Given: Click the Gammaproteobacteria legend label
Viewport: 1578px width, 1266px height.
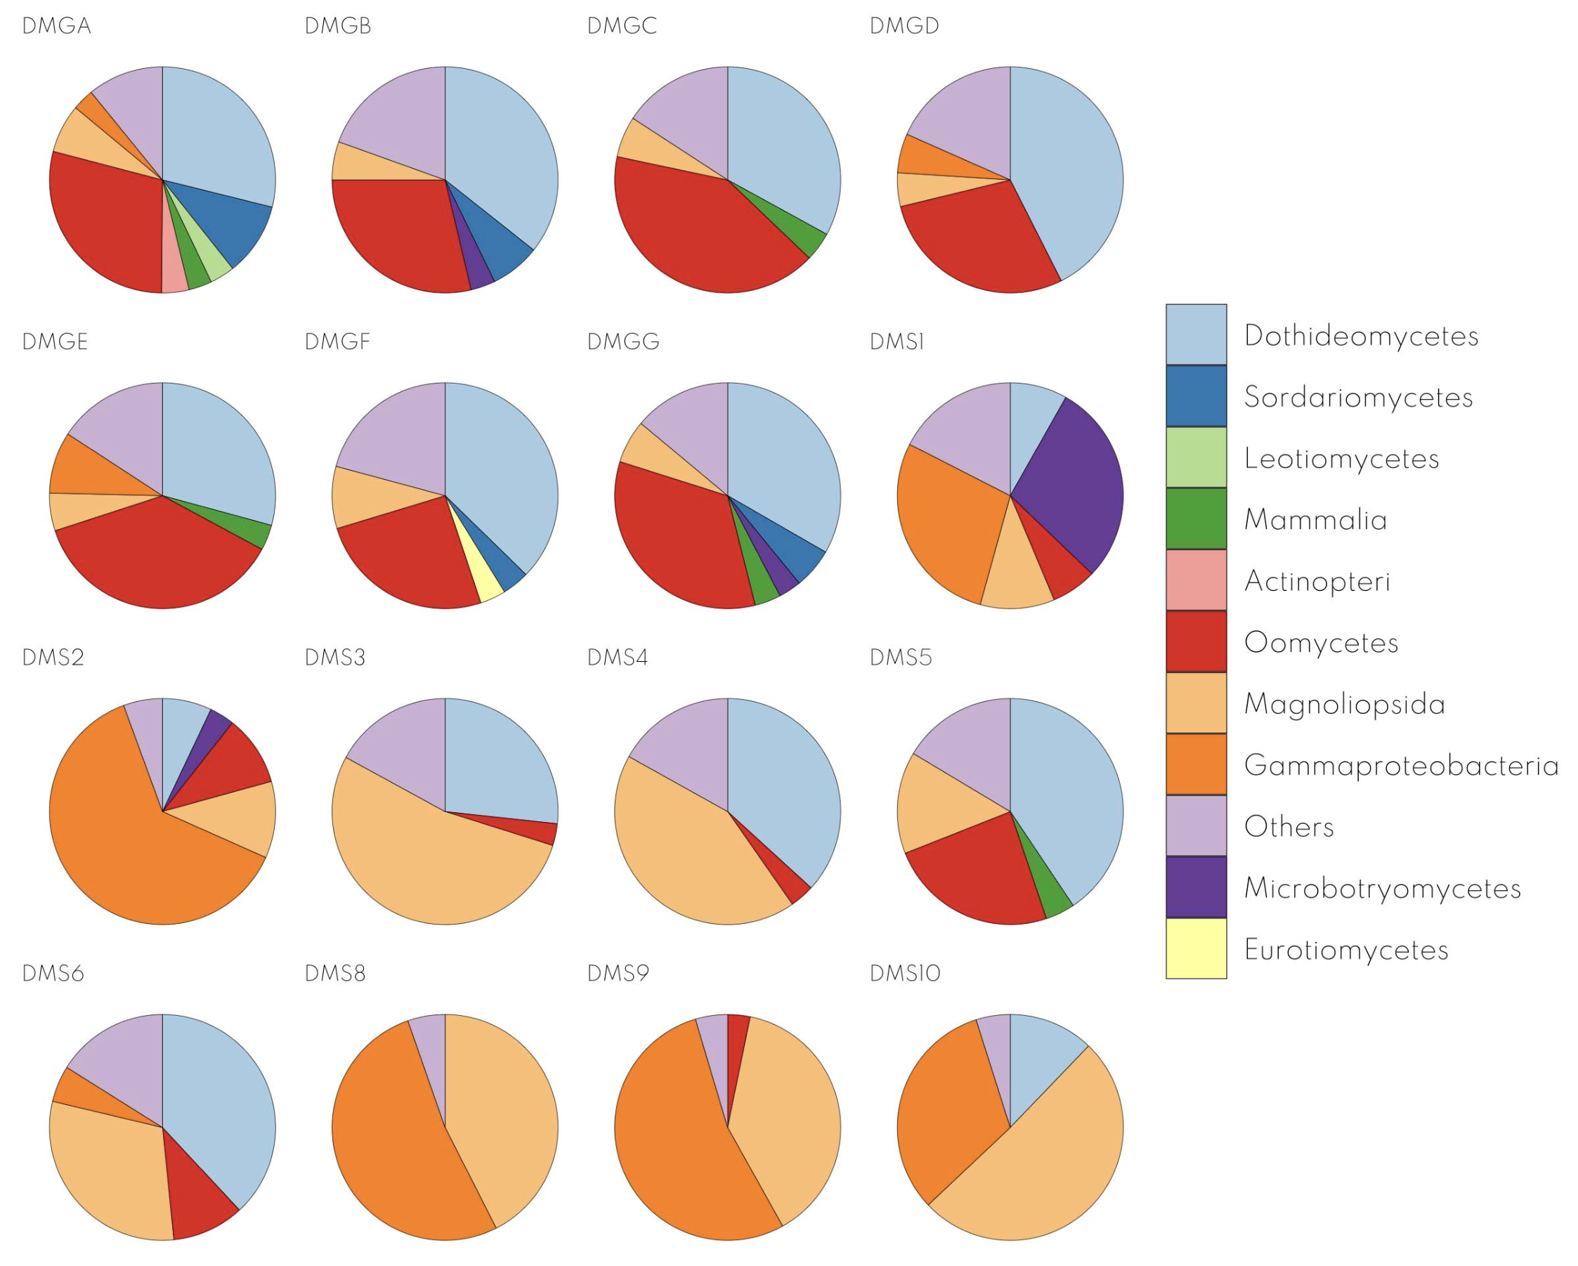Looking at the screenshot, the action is point(1401,766).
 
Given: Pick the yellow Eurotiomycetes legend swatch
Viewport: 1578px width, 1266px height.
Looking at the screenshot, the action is point(1196,948).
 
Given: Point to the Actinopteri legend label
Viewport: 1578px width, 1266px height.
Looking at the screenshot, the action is point(1317,581).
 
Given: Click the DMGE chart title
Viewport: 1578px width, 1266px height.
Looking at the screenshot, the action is point(55,341).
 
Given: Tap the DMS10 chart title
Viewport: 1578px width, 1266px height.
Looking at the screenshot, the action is point(905,973).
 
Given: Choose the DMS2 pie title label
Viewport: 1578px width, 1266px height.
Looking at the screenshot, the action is point(53,657).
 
